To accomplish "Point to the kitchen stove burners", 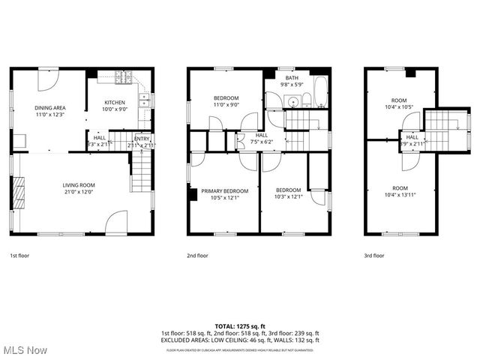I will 124,76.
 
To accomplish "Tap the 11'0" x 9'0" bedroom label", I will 226,101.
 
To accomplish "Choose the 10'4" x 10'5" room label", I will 400,103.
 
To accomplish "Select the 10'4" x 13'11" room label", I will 400,191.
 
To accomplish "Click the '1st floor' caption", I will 20,256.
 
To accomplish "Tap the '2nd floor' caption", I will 197,256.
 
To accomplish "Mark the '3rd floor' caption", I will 374,256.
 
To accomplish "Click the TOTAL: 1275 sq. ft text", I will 240,326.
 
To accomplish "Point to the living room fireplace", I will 19,193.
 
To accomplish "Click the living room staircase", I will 141,171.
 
